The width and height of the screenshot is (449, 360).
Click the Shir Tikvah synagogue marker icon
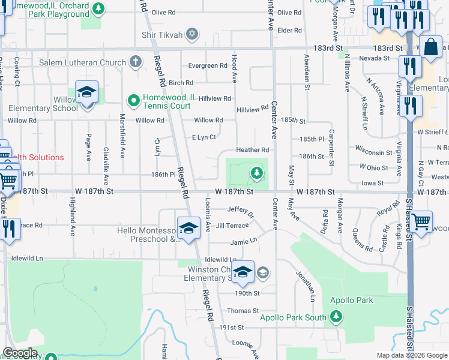click(192, 35)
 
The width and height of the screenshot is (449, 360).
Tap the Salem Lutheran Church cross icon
click(136, 62)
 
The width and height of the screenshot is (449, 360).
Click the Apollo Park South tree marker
click(336, 316)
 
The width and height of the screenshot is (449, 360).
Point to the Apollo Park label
click(351, 300)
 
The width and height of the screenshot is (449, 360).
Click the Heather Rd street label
click(252, 150)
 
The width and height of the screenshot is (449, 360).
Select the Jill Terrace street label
click(232, 226)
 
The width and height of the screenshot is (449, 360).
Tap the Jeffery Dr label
click(241, 210)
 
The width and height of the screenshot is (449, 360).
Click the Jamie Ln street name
click(244, 242)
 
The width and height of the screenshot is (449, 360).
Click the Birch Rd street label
click(181, 83)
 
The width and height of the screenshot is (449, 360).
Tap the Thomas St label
click(243, 311)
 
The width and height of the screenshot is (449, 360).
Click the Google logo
click(20, 353)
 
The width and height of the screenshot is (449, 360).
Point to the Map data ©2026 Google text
click(412, 355)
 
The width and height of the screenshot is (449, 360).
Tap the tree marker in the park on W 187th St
click(257, 173)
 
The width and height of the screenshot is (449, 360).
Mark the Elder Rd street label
click(289, 30)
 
